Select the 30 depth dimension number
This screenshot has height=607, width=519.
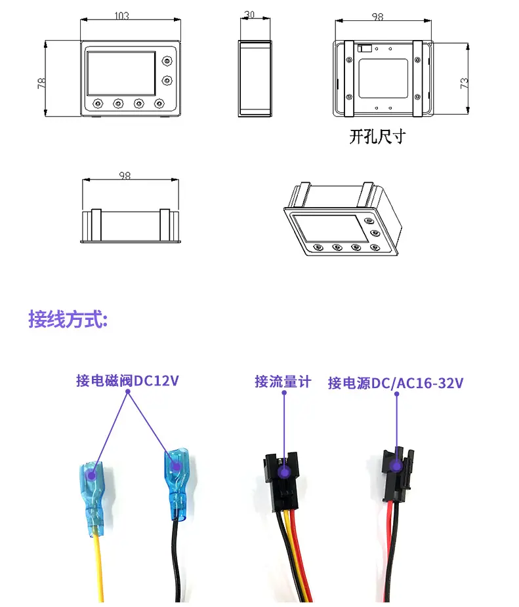249,13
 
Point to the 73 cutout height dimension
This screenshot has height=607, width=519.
464,83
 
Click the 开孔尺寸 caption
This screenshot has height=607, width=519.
377,137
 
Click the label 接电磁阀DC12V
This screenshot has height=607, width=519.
127,380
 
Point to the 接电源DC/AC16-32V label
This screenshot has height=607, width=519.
396,383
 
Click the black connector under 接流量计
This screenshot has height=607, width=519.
283,473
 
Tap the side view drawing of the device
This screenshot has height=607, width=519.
254,79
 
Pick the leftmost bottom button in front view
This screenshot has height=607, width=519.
98,104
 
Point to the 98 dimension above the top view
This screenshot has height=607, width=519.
124,176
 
